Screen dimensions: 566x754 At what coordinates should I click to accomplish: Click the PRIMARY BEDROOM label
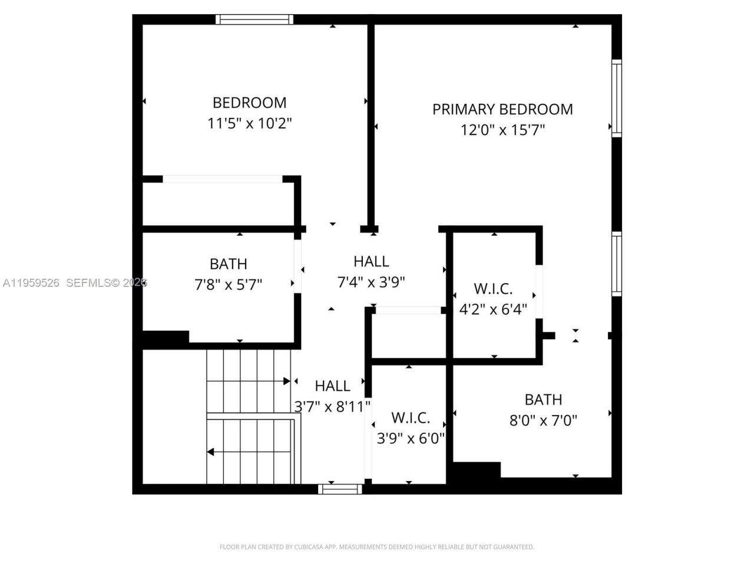[x=502, y=109]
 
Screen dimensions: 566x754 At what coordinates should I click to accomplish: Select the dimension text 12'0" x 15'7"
[x=502, y=130]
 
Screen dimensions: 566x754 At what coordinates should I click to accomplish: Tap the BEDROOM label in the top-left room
[x=249, y=103]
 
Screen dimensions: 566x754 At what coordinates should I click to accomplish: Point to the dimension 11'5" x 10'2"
[x=249, y=124]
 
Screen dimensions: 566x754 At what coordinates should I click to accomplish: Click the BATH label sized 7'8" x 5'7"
[x=228, y=264]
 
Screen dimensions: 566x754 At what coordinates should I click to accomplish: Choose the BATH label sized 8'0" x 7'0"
[x=543, y=399]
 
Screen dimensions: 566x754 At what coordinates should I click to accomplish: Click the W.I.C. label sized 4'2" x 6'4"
[x=493, y=288]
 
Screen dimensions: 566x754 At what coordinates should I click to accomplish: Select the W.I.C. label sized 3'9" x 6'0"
[x=411, y=417]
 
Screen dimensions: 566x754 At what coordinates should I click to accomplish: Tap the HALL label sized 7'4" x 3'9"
[x=371, y=261]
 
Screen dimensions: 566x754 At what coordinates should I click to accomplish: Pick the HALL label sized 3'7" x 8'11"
[x=332, y=386]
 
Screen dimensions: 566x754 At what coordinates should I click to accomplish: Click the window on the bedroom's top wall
[x=254, y=19]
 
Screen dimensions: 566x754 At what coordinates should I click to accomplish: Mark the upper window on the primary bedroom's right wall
[x=616, y=98]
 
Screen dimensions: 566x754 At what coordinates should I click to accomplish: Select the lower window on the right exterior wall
[x=616, y=264]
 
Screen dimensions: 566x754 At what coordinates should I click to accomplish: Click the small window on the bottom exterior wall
[x=340, y=489]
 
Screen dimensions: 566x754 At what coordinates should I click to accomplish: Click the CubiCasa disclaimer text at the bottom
[x=377, y=547]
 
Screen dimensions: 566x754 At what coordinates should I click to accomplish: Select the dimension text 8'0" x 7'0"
[x=543, y=420]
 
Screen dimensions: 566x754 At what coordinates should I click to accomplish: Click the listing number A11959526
[x=31, y=283]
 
